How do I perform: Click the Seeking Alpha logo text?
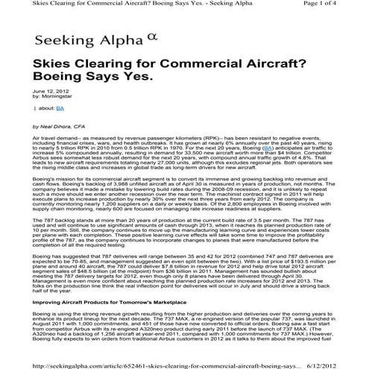coord(69,40)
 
